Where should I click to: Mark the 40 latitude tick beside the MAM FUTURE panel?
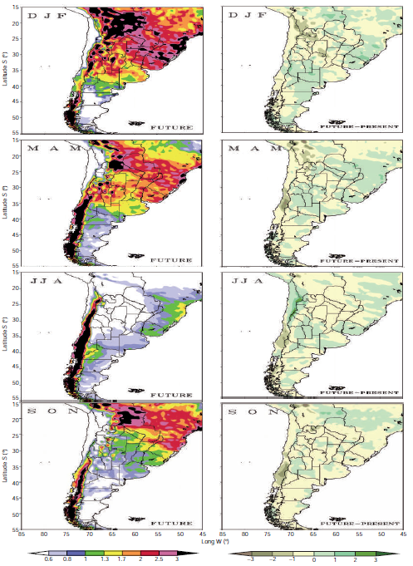point(17,219)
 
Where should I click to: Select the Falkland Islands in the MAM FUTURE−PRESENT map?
point(337,255)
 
